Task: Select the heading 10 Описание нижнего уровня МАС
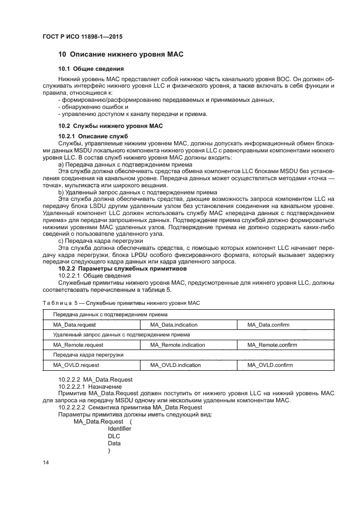[121, 55]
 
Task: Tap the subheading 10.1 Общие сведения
[90, 69]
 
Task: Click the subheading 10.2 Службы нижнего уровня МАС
[111, 126]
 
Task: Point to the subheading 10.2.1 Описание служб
[93, 135]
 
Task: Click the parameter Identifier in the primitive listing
[119, 428]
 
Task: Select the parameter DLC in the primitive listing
[114, 436]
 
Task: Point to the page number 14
[46, 463]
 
